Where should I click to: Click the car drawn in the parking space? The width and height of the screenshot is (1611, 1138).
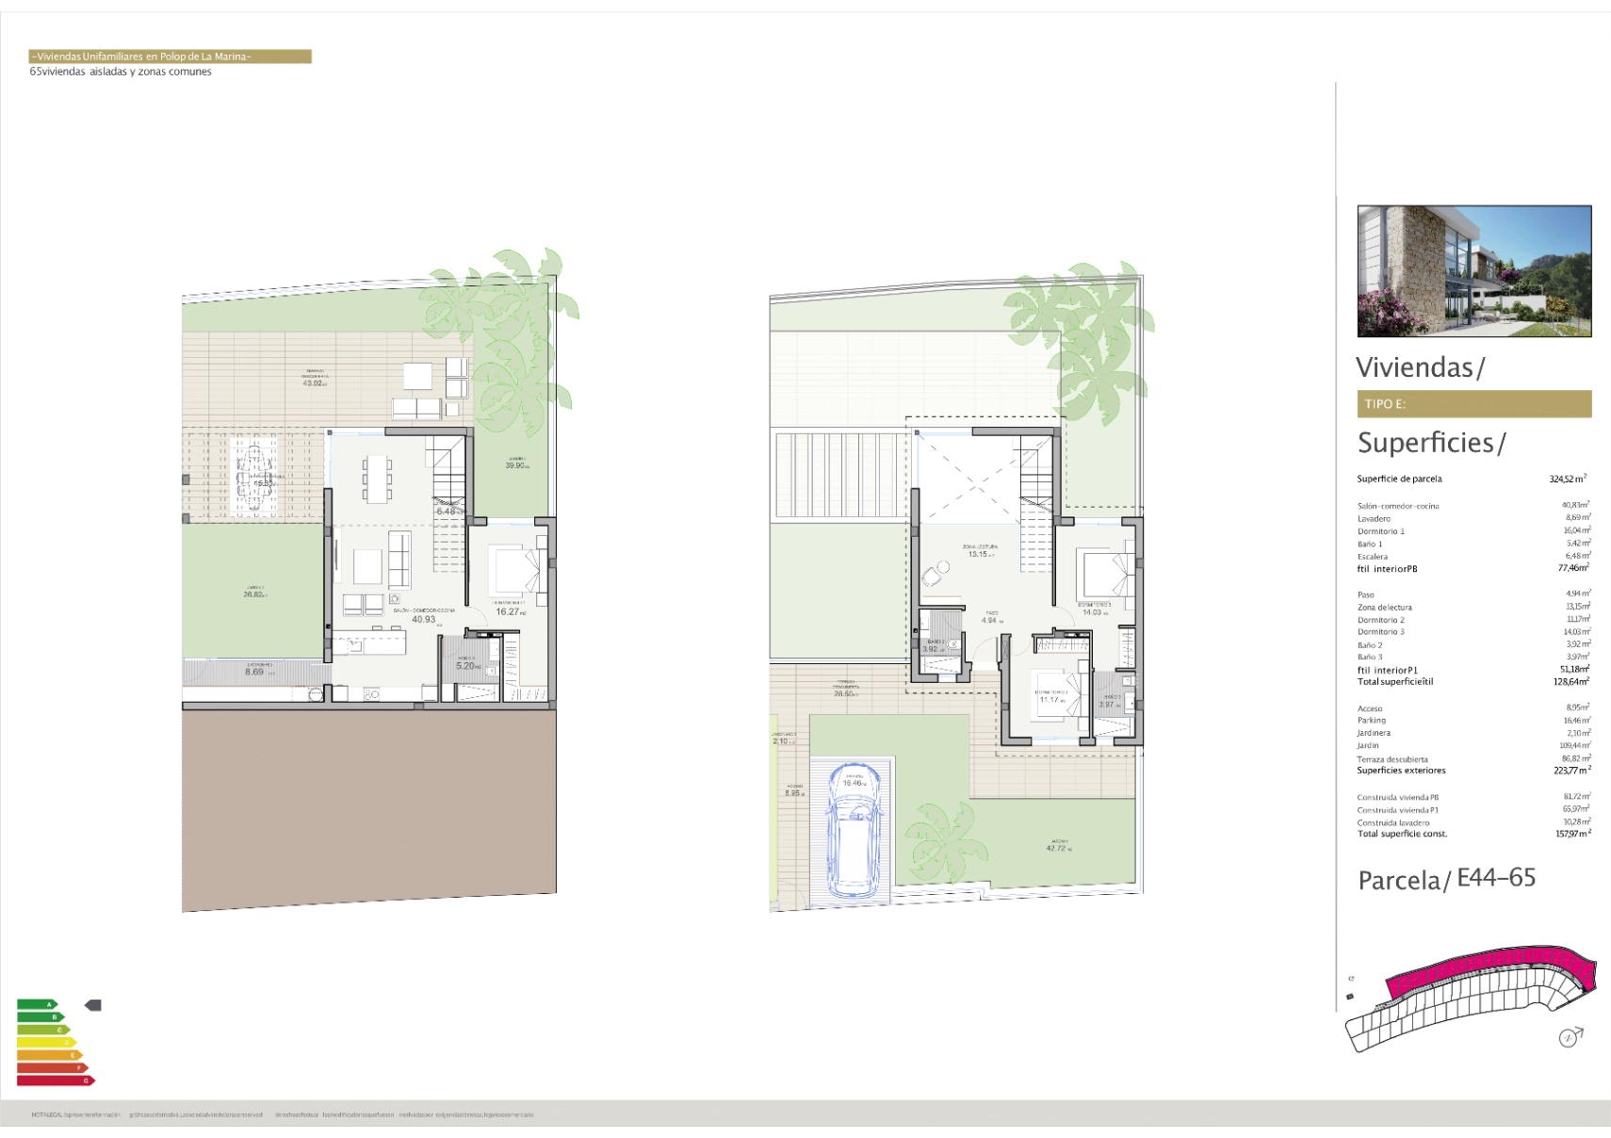(855, 829)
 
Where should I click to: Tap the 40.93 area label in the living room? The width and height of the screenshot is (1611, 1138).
(423, 619)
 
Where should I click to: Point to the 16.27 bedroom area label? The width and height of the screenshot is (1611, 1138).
(509, 611)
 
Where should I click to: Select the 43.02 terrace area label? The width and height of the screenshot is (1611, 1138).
(314, 383)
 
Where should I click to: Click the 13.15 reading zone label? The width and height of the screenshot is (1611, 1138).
(978, 554)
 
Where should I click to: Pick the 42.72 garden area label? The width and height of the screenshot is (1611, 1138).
(1056, 848)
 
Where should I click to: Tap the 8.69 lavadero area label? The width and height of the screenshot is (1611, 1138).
(254, 672)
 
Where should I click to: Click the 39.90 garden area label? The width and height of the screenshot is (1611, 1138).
(516, 465)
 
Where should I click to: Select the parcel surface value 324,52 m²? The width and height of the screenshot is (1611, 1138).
(1568, 479)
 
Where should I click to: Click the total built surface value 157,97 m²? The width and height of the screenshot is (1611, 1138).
(1572, 834)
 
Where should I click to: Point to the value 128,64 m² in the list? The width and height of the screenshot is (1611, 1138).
(1570, 681)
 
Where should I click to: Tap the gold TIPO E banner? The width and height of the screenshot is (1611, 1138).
(1473, 403)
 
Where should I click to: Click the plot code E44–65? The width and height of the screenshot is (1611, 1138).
(1496, 878)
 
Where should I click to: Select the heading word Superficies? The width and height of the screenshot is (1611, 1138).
(1425, 442)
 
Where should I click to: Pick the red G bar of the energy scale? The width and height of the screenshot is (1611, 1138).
(56, 1081)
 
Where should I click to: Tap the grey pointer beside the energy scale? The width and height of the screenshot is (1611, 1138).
(92, 1005)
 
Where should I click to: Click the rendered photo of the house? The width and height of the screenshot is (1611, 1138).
(1473, 271)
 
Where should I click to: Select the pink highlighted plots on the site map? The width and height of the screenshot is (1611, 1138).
(1489, 970)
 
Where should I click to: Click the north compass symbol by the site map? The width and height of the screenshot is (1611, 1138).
(1569, 1037)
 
